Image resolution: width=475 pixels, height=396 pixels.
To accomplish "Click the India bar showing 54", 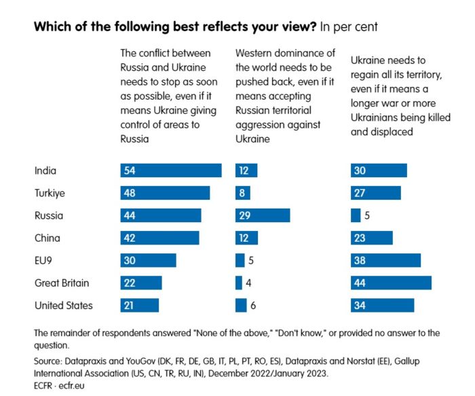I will [x=170, y=170].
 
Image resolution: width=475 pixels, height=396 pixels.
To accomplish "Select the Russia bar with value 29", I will [x=262, y=215].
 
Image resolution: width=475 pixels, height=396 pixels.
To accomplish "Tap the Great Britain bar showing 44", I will [x=391, y=283].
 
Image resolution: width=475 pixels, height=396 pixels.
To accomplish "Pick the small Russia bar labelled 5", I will [x=356, y=215].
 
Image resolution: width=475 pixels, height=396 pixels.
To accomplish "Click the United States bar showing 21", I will [x=139, y=305].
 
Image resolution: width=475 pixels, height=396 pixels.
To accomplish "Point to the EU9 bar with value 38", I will [x=385, y=260].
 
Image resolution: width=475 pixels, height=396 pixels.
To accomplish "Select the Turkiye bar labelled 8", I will [x=243, y=193].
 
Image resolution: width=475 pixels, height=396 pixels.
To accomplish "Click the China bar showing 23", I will [x=371, y=238].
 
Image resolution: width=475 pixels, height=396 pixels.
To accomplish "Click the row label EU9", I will [x=45, y=260].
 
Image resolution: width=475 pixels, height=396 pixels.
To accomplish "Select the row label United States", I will [x=63, y=305].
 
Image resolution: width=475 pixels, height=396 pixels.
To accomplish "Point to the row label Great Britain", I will [x=62, y=283].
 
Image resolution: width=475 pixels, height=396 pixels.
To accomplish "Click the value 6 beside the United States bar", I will [x=253, y=306].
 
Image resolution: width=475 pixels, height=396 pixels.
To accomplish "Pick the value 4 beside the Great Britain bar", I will [x=250, y=283].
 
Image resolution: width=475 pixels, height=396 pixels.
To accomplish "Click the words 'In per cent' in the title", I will [x=347, y=27].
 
